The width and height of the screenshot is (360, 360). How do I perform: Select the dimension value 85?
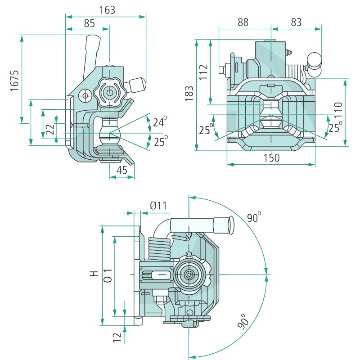click(x=88, y=22)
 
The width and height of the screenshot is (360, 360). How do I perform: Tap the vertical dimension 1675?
click(x=15, y=81)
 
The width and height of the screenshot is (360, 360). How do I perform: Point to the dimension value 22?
click(x=50, y=129)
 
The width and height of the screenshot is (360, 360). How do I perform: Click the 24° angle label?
click(x=159, y=121)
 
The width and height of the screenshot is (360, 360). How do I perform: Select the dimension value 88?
click(x=243, y=22)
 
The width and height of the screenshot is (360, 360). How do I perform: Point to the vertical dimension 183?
click(x=189, y=93)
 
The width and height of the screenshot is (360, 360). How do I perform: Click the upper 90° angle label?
click(x=254, y=218)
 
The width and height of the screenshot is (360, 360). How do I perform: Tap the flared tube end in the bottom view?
click(x=227, y=224)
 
